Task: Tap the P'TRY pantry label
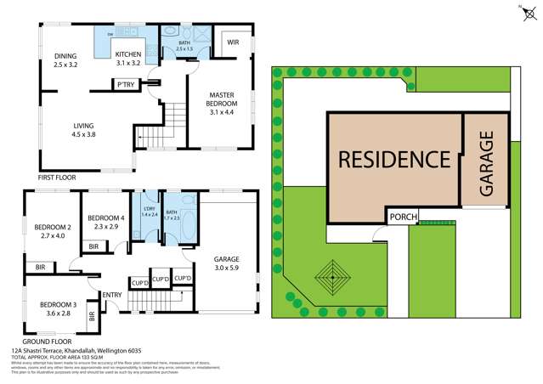pos(127,84)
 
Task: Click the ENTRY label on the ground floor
pos(111,295)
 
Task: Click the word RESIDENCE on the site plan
pos(393,159)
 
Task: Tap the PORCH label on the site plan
pos(404,217)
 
